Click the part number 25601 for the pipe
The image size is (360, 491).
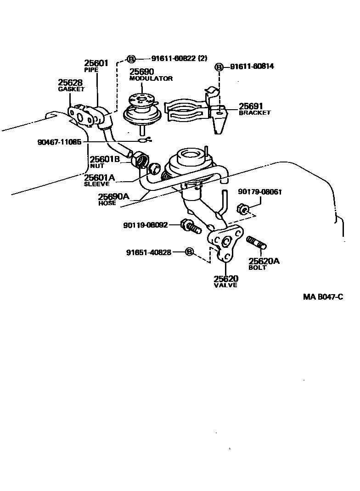click(96, 63)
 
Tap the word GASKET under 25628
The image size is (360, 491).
click(71, 89)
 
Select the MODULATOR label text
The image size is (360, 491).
click(151, 78)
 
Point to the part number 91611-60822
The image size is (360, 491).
click(174, 59)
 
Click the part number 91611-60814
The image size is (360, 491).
click(252, 67)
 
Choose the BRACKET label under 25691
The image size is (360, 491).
click(255, 113)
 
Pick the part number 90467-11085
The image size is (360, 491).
click(60, 142)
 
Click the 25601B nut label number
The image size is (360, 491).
click(104, 160)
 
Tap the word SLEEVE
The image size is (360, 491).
click(96, 184)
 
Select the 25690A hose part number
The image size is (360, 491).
click(113, 197)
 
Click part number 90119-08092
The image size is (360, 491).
click(145, 225)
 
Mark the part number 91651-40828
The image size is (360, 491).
click(149, 252)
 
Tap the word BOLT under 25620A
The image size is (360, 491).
click(257, 268)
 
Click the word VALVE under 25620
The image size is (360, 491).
click(225, 285)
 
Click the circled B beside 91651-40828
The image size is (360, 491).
click(189, 252)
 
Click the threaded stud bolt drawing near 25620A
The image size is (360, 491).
click(257, 242)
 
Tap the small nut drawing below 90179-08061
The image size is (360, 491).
click(243, 209)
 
